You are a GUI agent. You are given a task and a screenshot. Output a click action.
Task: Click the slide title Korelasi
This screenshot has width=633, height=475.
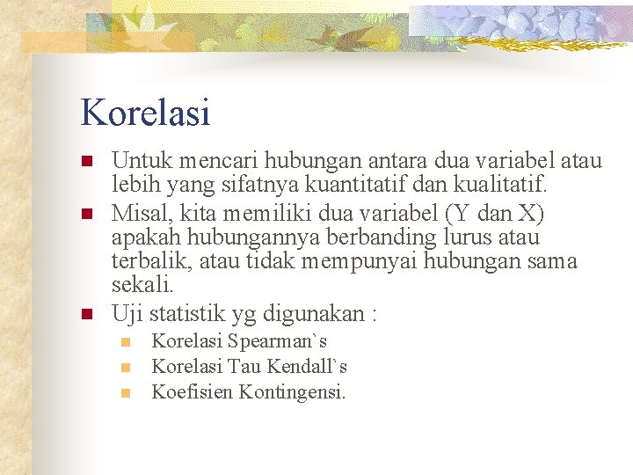tap(145, 113)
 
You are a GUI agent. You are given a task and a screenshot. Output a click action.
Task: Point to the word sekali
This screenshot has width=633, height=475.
tap(143, 286)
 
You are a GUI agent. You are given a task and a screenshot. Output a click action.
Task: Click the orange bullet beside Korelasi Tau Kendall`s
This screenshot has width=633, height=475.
tap(126, 367)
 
